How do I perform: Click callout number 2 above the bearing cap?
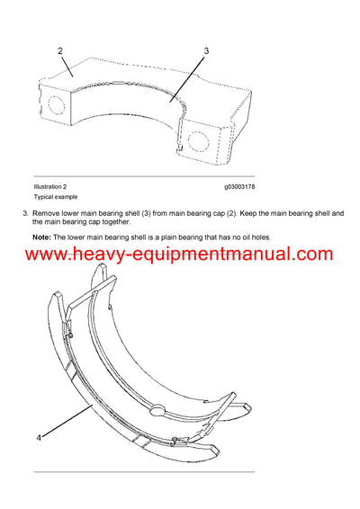pos(60,51)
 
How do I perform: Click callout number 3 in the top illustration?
pos(205,51)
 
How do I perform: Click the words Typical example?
pos(55,197)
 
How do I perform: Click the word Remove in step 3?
pos(47,213)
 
